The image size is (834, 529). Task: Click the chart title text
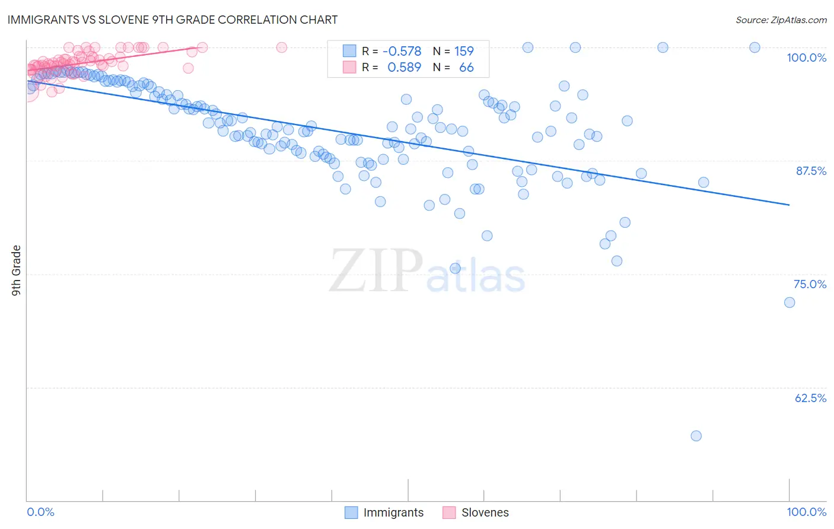click(173, 20)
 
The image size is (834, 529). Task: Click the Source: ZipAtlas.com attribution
click(781, 20)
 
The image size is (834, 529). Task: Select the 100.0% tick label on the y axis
click(806, 58)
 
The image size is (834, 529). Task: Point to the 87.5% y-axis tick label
click(811, 171)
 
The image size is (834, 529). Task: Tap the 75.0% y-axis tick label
click(810, 284)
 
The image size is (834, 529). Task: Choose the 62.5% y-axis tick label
click(810, 398)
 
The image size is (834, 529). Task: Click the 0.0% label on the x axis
click(40, 512)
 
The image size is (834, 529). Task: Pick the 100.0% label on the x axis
click(806, 512)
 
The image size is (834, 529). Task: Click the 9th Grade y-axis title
click(16, 270)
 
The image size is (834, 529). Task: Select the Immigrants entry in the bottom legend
click(393, 512)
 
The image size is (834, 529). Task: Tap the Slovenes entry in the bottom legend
click(485, 512)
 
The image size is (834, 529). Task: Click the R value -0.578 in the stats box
click(402, 51)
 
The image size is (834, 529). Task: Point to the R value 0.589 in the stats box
click(404, 67)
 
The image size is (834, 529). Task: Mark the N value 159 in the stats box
click(464, 51)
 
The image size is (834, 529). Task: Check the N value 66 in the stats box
click(466, 67)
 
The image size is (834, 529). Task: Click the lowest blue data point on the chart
click(696, 436)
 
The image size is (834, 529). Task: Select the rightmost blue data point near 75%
click(790, 302)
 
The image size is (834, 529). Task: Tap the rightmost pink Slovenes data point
click(282, 47)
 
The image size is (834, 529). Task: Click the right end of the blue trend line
click(790, 205)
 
